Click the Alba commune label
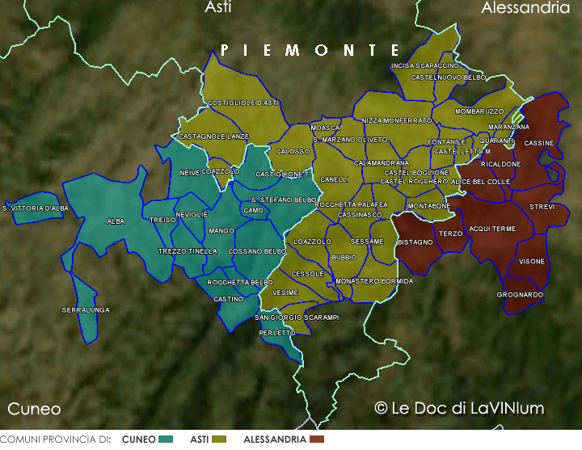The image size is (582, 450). (116, 221)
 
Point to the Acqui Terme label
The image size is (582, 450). (492, 229)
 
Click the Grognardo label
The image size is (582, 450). (520, 295)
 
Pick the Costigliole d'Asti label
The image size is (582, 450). (243, 103)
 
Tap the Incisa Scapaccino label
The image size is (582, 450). (424, 65)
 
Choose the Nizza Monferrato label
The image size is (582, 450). (396, 120)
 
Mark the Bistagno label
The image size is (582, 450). (415, 242)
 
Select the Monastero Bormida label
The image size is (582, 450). (373, 281)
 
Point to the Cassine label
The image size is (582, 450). (539, 143)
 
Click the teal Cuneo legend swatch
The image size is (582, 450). (167, 439)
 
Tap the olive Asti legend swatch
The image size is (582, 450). (219, 439)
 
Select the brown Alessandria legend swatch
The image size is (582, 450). (316, 439)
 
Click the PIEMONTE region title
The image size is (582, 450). (310, 50)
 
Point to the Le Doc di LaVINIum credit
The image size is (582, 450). (459, 408)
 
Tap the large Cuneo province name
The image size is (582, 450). (34, 408)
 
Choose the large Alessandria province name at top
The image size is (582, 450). (525, 8)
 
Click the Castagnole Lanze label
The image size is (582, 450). (213, 137)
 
